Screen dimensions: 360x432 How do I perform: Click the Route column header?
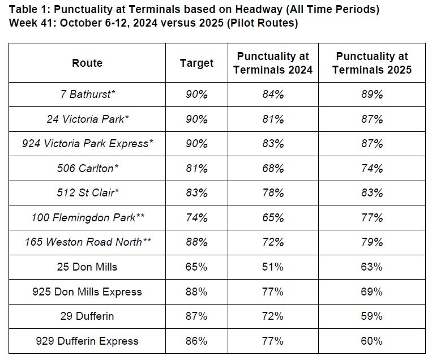87,63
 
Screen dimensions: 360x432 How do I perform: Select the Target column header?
196,63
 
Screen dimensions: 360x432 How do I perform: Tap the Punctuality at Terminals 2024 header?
273,63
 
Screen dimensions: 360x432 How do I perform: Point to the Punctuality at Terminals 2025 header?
372,63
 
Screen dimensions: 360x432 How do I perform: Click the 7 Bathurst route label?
88,95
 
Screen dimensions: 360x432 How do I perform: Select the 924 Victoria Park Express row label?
88,144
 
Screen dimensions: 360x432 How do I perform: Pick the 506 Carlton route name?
88,168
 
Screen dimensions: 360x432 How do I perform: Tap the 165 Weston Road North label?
88,242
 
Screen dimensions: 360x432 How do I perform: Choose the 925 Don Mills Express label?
88,292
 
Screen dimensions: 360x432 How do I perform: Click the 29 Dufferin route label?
88,316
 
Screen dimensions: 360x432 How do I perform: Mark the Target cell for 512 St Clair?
196,193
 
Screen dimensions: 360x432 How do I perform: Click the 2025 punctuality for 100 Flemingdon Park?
372,217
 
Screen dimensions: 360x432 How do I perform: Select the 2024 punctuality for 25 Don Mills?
273,267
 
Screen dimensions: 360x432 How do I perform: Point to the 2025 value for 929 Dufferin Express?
372,341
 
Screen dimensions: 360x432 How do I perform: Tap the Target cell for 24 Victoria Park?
196,119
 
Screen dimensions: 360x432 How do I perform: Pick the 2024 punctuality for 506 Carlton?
273,168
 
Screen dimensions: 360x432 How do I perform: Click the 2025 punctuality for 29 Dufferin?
372,316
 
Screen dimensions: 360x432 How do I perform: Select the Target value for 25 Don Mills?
196,267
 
